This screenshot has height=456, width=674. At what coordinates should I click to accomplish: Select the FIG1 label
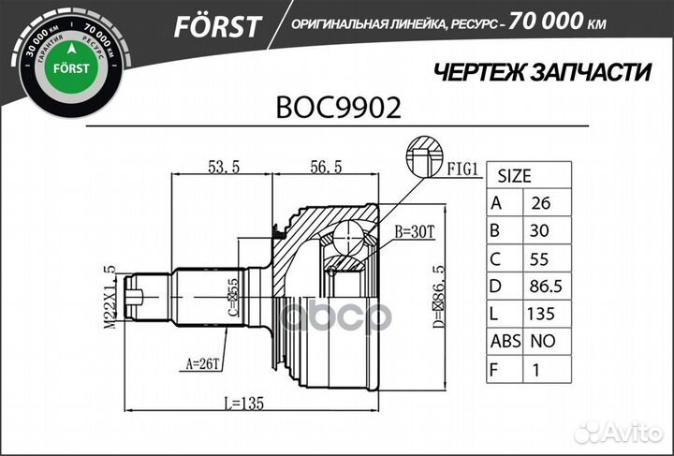[461, 170]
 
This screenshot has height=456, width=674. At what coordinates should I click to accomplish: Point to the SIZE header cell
[513, 175]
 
